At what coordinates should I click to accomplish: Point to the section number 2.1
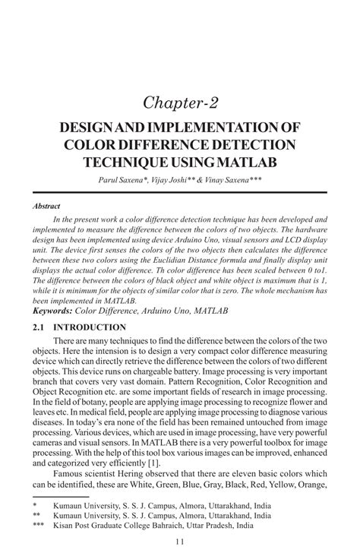pyautogui.click(x=39, y=327)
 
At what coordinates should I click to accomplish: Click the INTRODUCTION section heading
pyautogui.click(x=93, y=327)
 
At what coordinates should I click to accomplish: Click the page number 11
pyautogui.click(x=179, y=542)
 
